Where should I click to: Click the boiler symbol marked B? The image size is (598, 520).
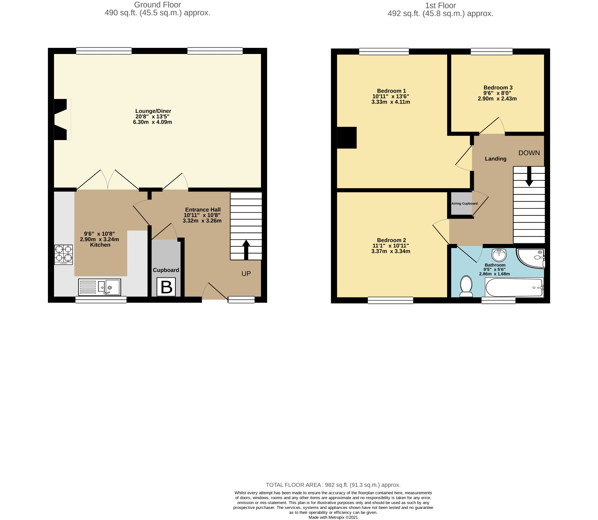click(166, 287)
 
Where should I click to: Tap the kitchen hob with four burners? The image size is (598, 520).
click(63, 254)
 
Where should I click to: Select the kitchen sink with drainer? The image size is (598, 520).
click(100, 287)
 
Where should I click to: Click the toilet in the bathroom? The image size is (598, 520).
click(466, 286)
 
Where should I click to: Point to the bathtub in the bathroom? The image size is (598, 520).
click(514, 287)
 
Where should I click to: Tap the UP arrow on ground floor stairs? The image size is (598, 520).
click(246, 250)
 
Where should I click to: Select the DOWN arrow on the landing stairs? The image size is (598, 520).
click(529, 177)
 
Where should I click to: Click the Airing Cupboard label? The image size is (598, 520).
click(465, 203)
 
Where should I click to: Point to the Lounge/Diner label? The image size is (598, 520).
click(153, 111)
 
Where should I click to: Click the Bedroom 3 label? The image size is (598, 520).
click(498, 88)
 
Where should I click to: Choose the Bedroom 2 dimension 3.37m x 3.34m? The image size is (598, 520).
click(391, 251)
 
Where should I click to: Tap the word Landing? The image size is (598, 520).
click(496, 159)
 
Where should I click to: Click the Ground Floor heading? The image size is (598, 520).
click(157, 5)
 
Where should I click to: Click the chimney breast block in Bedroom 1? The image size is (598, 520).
click(347, 138)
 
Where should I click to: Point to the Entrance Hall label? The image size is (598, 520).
click(203, 210)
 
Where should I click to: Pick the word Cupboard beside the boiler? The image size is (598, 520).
click(166, 270)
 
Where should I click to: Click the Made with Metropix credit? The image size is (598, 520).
click(333, 517)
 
